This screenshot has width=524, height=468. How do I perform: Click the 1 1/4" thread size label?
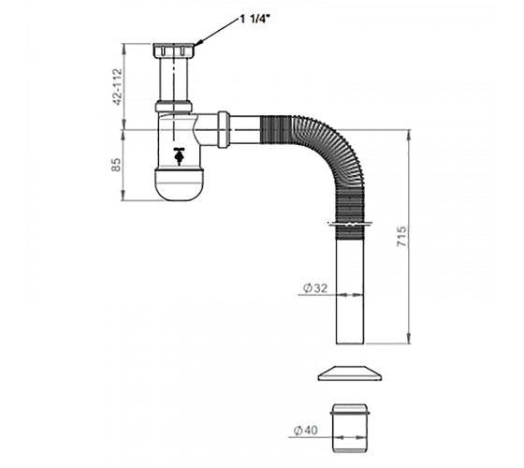pyautogui.click(x=255, y=19)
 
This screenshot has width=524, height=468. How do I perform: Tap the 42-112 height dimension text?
pyautogui.click(x=118, y=87)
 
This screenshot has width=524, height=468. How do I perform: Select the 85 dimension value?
pyautogui.click(x=116, y=165)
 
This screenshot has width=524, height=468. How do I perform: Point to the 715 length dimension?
pyautogui.click(x=401, y=237)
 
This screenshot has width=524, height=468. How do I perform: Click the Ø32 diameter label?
pyautogui.click(x=315, y=288)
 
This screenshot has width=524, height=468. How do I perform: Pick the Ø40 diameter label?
pyautogui.click(x=306, y=431)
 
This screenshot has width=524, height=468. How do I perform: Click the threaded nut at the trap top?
pyautogui.click(x=174, y=51)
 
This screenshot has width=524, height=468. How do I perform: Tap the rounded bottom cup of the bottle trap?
pyautogui.click(x=179, y=185)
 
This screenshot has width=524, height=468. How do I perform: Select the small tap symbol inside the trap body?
pyautogui.click(x=179, y=155)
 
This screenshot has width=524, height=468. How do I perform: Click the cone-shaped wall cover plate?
pyautogui.click(x=350, y=373)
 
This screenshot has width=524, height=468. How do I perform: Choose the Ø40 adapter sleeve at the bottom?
pyautogui.click(x=350, y=429)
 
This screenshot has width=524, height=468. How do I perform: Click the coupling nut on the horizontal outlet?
pyautogui.click(x=224, y=129)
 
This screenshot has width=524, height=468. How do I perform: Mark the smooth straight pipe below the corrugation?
pyautogui.click(x=350, y=291)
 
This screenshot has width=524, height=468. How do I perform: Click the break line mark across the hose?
pyautogui.click(x=350, y=224)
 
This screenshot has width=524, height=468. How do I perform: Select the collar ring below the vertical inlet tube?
pyautogui.click(x=174, y=107)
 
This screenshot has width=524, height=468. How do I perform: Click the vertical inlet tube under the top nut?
pyautogui.click(x=174, y=79)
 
